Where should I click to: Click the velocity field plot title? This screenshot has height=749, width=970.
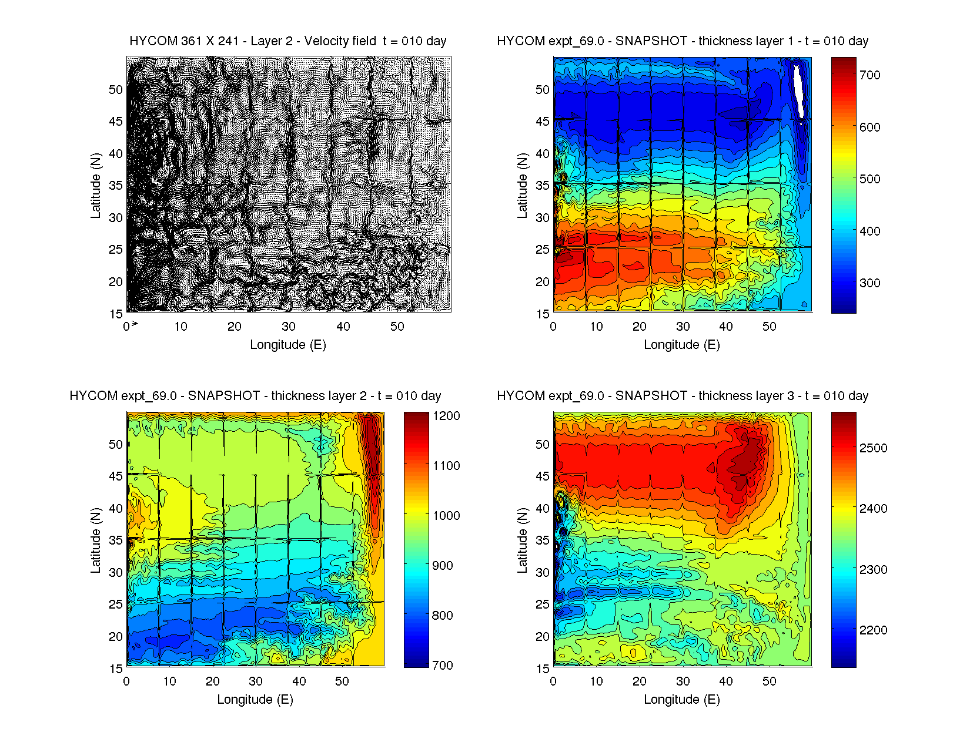(x=287, y=41)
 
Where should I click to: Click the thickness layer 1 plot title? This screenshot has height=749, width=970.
(x=682, y=41)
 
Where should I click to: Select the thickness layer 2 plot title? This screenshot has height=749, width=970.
(x=255, y=396)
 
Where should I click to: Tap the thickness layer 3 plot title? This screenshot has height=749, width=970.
(x=682, y=396)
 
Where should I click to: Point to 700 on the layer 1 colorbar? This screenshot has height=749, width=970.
(x=869, y=75)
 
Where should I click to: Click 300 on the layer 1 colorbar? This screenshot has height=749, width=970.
(x=869, y=283)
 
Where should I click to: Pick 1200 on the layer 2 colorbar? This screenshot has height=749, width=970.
(x=446, y=416)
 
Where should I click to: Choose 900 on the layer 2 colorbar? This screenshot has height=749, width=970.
(x=442, y=566)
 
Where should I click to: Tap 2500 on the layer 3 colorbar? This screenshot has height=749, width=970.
(x=873, y=448)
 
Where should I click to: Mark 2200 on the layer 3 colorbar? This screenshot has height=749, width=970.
(x=873, y=630)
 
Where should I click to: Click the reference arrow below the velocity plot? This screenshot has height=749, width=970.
(x=135, y=324)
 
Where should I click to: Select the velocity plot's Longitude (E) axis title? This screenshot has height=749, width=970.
(x=287, y=345)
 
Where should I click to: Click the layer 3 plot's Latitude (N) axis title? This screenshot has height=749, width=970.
(x=522, y=540)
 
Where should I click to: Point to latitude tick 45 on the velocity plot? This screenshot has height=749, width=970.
(x=115, y=122)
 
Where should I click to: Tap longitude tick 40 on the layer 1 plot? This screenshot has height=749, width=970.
(x=725, y=327)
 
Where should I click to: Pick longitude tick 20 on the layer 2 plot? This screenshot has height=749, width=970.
(x=212, y=681)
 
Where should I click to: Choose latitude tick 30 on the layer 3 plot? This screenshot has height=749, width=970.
(x=542, y=573)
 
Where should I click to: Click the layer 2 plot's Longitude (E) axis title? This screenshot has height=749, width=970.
(x=255, y=700)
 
